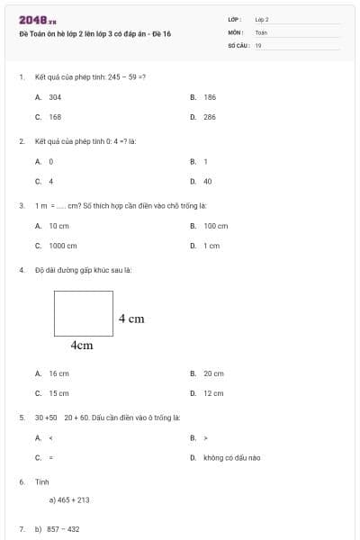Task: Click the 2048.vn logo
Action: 37,20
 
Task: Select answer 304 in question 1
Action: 55,96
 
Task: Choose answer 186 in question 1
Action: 210,96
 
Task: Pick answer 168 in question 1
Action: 55,117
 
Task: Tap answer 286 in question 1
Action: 210,117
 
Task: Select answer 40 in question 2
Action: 208,181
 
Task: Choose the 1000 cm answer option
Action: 63,245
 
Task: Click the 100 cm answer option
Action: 216,225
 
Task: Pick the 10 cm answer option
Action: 58,225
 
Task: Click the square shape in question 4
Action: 84,312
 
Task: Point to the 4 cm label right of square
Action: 131,319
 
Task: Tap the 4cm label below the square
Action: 82,345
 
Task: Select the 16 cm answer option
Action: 58,373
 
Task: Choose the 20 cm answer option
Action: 213,373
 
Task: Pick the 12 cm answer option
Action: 213,393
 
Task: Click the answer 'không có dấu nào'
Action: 231,457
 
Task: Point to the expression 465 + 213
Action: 69,499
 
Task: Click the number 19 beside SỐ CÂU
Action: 258,44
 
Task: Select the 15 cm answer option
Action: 58,393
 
